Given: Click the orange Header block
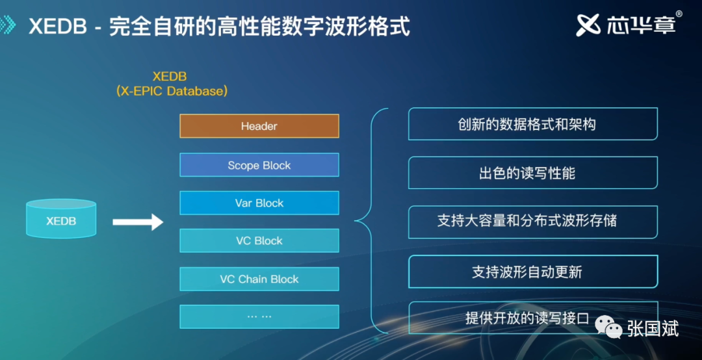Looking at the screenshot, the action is click(259, 126).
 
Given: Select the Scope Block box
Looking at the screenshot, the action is click(259, 165).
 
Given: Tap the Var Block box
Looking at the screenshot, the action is click(259, 203).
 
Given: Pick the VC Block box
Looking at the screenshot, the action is click(259, 240).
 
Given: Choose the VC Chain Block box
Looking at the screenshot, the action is click(259, 279).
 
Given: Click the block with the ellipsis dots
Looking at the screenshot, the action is click(259, 316).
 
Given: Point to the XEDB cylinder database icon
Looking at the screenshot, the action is click(61, 218).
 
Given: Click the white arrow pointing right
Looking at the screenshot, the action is click(138, 222).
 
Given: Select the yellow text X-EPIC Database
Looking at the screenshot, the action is click(172, 91).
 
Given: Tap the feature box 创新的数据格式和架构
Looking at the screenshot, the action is click(533, 124).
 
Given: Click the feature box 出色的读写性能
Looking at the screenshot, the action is click(533, 173).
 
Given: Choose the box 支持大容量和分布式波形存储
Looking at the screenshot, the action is click(533, 222).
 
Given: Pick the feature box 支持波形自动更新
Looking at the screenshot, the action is click(533, 272).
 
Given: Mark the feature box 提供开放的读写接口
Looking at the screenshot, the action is click(533, 318).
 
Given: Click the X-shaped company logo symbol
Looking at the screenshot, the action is click(588, 25).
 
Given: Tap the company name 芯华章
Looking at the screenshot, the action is click(641, 25).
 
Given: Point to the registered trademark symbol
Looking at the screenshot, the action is click(679, 14).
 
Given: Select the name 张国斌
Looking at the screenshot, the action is click(653, 328).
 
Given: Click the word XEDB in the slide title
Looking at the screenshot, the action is click(58, 27).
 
